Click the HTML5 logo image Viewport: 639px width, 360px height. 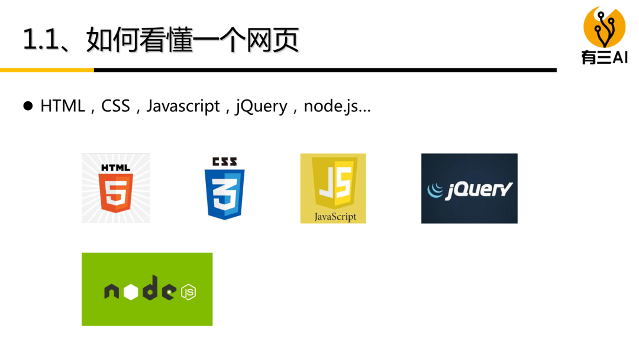(x=115, y=188)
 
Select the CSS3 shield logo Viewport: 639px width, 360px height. (x=224, y=188)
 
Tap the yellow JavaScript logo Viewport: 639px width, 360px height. (x=333, y=188)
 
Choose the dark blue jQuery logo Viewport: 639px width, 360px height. (x=469, y=188)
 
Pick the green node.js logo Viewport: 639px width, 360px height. (x=147, y=289)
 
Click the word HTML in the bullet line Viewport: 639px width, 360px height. (x=63, y=107)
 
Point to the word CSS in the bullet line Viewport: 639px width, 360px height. (x=115, y=107)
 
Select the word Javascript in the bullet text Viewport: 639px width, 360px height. (x=183, y=107)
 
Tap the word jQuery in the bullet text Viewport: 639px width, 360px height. (x=261, y=107)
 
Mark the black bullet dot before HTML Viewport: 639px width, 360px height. (x=28, y=107)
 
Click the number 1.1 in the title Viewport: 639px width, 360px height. (x=41, y=40)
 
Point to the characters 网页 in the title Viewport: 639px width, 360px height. (x=278, y=40)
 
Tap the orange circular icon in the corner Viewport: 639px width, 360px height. (x=604, y=27)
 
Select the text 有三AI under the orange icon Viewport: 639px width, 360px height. (x=604, y=57)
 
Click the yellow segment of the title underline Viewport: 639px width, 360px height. (x=47, y=70)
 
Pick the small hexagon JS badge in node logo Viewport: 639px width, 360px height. (x=188, y=292)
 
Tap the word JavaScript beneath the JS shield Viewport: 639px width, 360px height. (x=335, y=216)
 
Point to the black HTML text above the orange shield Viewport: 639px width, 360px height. (x=115, y=168)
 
